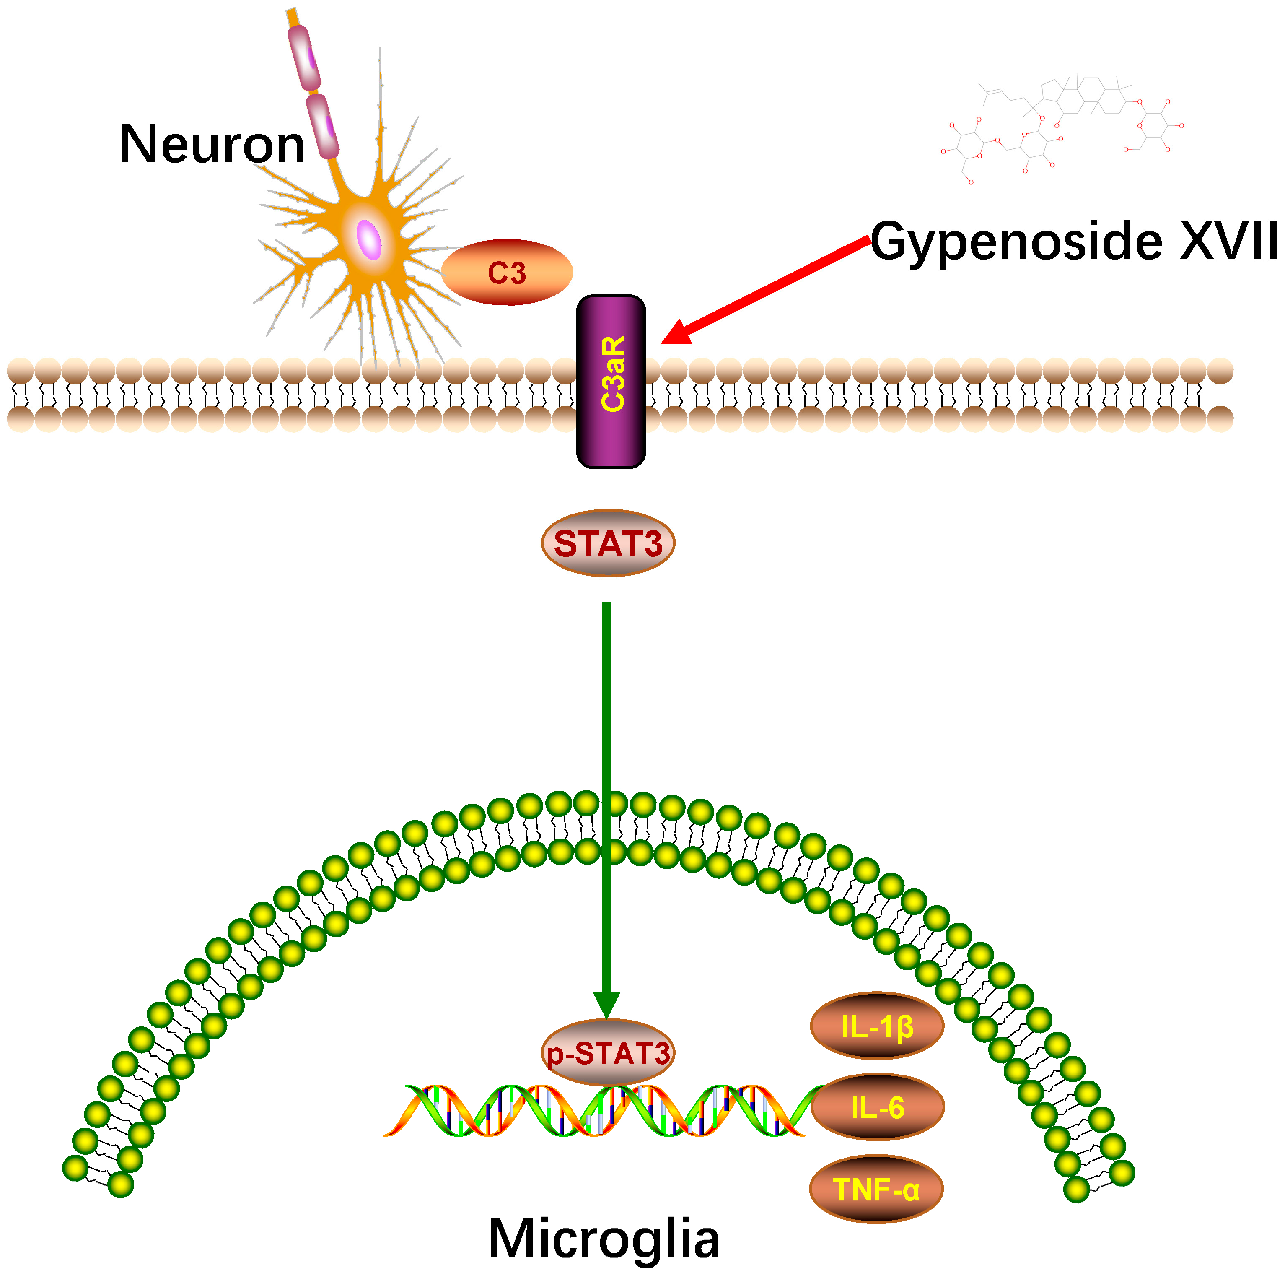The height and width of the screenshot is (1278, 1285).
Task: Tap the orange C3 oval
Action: [507, 272]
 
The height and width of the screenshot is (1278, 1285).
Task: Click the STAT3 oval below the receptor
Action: [608, 543]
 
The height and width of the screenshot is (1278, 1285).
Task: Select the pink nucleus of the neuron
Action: [369, 239]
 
